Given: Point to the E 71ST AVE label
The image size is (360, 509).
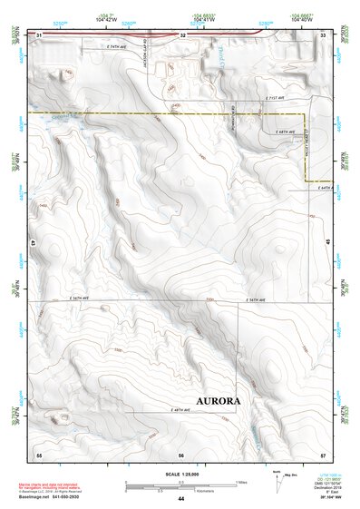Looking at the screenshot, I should pos(274,98).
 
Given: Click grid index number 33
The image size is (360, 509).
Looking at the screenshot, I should pos(324,35).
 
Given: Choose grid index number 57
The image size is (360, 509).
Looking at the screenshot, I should pos(324,453).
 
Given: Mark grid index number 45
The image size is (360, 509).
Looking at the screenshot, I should pos(328,243).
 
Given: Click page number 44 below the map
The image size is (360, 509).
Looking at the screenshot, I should pos(181,498).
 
